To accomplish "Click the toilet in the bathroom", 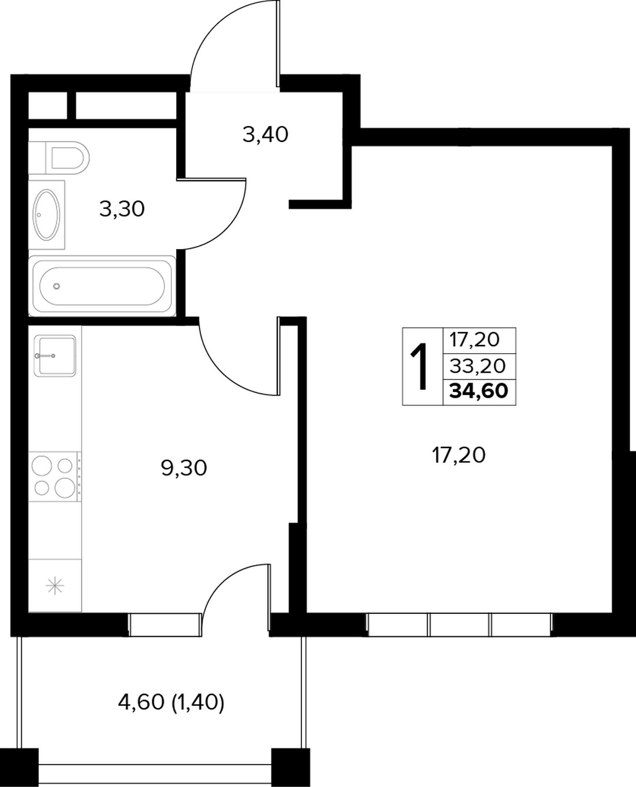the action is point(68,158).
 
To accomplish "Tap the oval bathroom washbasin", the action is point(47,214).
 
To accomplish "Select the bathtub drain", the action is point(57,286).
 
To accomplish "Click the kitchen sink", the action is point(55,356).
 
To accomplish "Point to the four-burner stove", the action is point(55,476).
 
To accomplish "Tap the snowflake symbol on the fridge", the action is point(55,585).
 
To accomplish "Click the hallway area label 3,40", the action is point(266,134).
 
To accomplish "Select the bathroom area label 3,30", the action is point(122,209).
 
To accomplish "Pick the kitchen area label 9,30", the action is point(184,468).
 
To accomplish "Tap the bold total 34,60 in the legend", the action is point(479,391).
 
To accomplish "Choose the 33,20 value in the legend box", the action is point(478,366).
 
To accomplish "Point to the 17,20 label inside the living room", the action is point(459,455).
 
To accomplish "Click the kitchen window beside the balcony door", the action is point(165,625).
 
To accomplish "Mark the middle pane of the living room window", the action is point(459,625).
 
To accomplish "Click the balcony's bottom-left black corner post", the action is point(19,768).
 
